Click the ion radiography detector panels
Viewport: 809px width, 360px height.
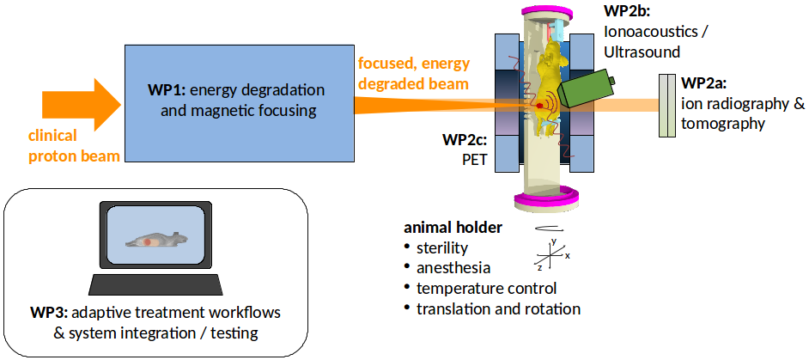(x=667, y=105)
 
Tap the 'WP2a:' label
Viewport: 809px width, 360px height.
(x=704, y=84)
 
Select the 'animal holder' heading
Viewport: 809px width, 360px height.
(x=453, y=229)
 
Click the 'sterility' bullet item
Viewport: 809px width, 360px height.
(x=441, y=248)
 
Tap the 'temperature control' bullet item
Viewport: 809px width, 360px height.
(x=486, y=288)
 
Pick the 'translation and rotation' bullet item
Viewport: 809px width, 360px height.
(x=498, y=308)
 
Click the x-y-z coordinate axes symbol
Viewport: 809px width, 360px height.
(x=550, y=255)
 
